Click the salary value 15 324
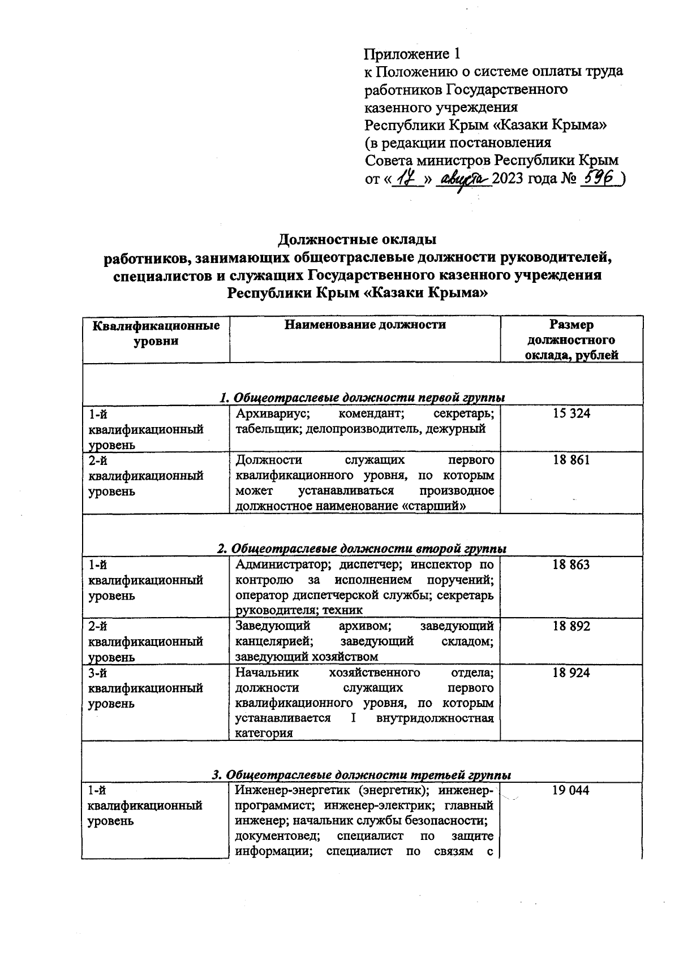(x=571, y=413)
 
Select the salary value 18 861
(x=571, y=460)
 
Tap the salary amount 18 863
(x=571, y=564)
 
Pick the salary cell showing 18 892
(x=571, y=626)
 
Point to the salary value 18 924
(x=571, y=673)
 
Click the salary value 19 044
(x=571, y=790)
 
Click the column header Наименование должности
(x=365, y=325)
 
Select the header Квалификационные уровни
(x=156, y=333)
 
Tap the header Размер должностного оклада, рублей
(x=571, y=340)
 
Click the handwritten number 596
(x=601, y=179)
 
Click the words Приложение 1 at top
(x=412, y=54)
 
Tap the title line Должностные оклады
(x=357, y=240)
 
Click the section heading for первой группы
(x=362, y=398)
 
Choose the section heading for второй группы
(x=362, y=549)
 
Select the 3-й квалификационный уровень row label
(x=145, y=688)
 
